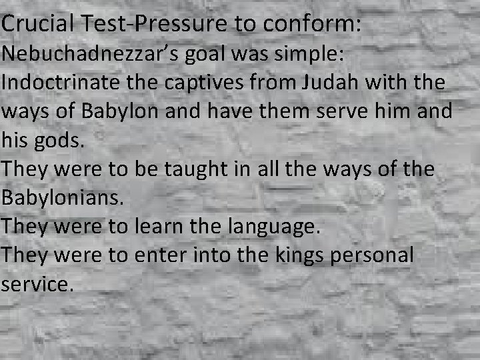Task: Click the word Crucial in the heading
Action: pos(39,24)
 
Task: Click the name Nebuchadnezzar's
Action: pos(88,54)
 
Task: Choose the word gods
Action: pos(63,141)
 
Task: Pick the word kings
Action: pos(328,255)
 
